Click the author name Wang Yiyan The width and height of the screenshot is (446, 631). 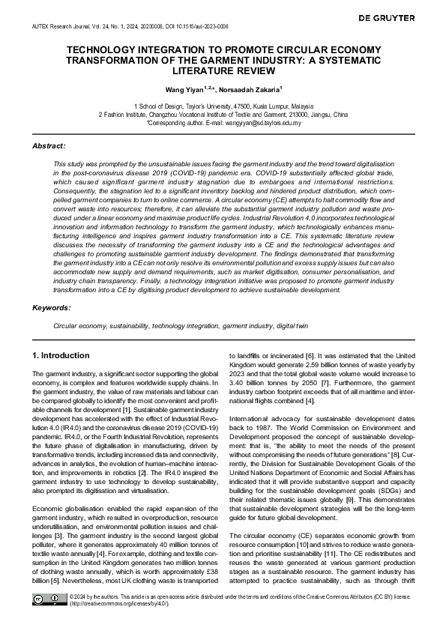(x=188, y=89)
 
